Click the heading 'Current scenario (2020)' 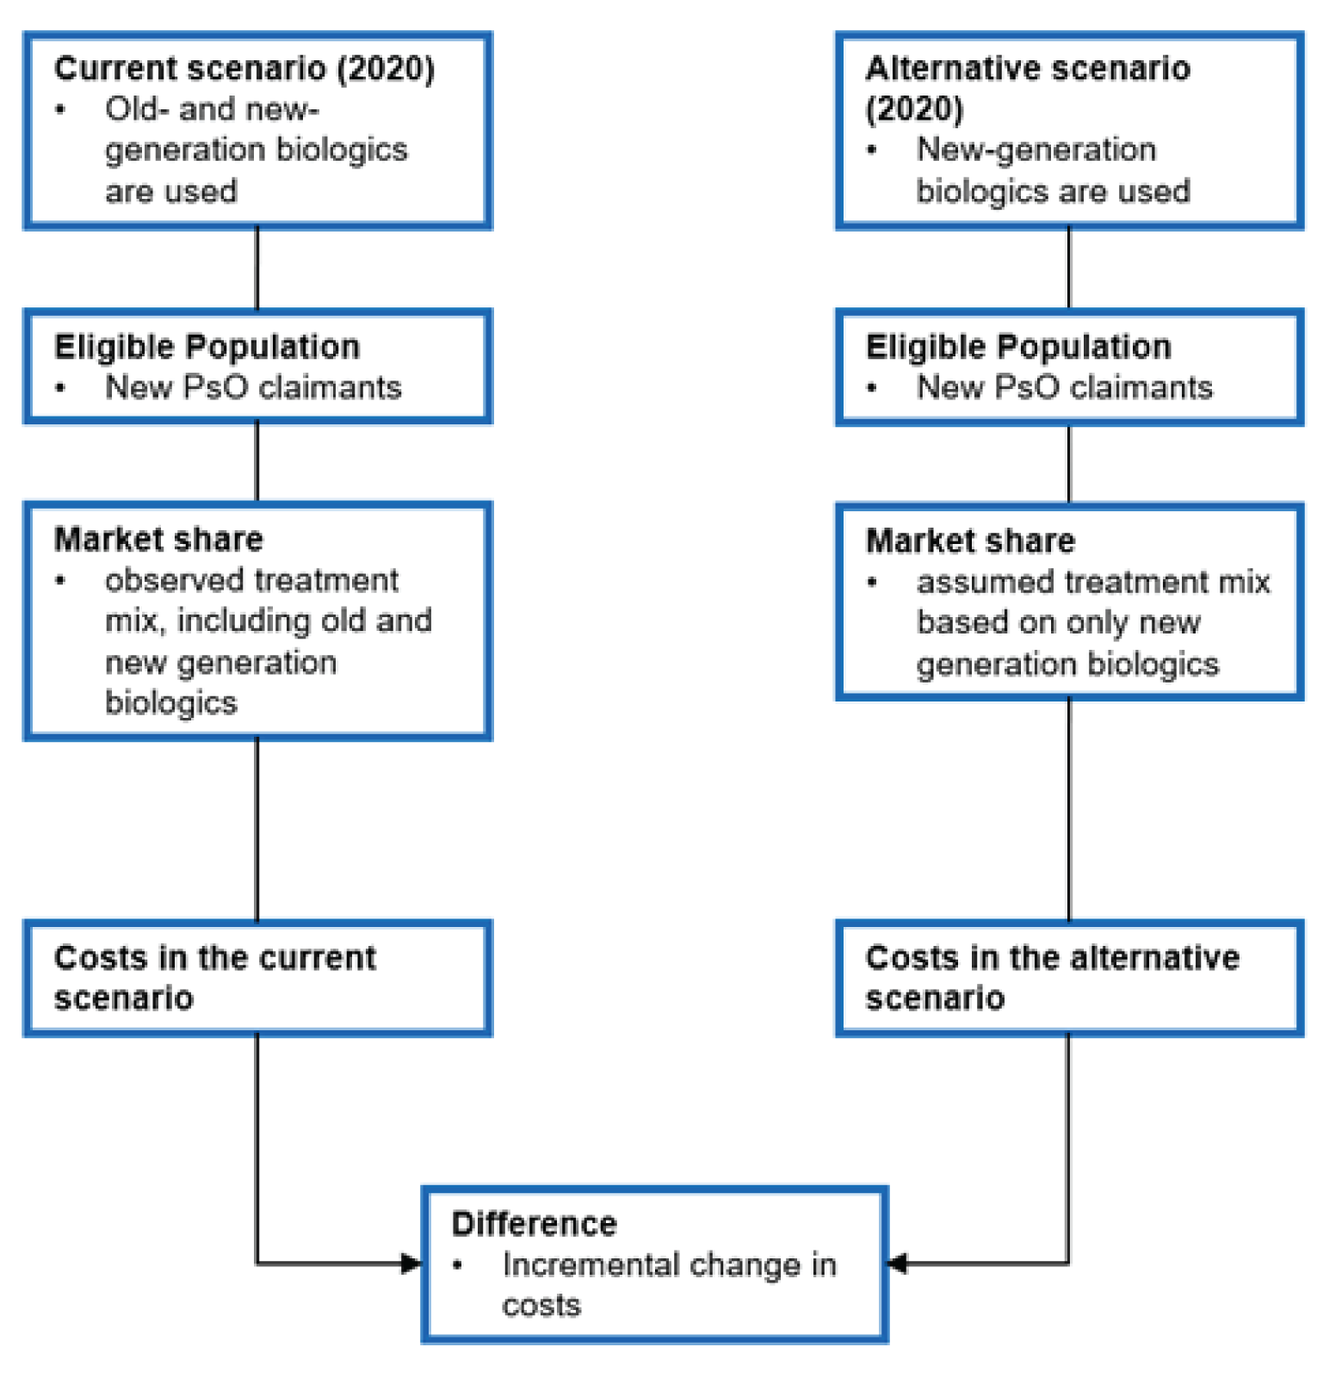pyautogui.click(x=244, y=69)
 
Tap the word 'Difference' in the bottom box pyautogui.click(x=534, y=1223)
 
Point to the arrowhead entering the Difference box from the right pyautogui.click(x=897, y=1264)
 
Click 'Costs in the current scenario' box pyautogui.click(x=257, y=978)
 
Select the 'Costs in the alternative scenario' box pyautogui.click(x=1068, y=978)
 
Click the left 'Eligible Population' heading pyautogui.click(x=207, y=347)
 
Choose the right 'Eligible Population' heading pyautogui.click(x=1018, y=347)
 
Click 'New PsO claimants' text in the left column pyautogui.click(x=253, y=388)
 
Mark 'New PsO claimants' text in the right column pyautogui.click(x=1065, y=388)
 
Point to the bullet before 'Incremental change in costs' pyautogui.click(x=458, y=1265)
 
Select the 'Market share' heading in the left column pyautogui.click(x=158, y=540)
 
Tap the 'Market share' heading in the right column pyautogui.click(x=970, y=541)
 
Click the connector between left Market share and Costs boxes pyautogui.click(x=257, y=829)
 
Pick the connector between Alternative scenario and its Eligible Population pyautogui.click(x=1068, y=268)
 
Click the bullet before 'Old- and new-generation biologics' pyautogui.click(x=60, y=109)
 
